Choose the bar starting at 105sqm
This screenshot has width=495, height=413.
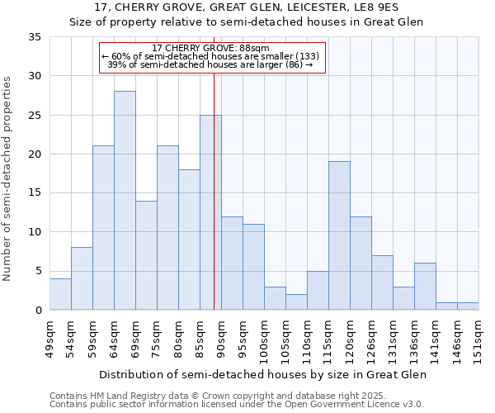point(296,301)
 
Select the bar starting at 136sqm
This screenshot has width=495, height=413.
point(425,287)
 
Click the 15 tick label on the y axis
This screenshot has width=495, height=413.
point(35,193)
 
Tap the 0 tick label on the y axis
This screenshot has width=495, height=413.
point(38,311)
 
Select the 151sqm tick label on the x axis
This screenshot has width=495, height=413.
point(478,339)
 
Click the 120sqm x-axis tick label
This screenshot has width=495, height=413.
point(350,339)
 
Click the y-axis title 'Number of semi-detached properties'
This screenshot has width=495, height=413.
point(9,178)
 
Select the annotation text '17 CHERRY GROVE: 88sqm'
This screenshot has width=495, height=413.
point(212,48)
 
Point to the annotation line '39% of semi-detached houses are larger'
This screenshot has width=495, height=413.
point(210,64)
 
